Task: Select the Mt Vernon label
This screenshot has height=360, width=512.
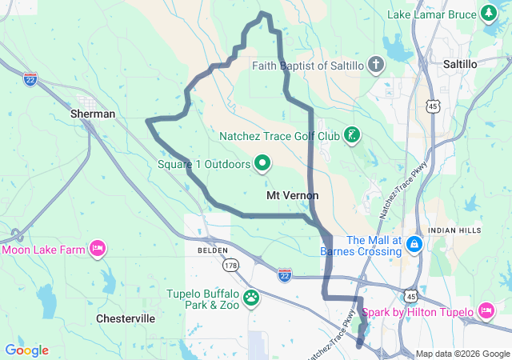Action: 292,195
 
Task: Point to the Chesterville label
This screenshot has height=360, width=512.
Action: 125,318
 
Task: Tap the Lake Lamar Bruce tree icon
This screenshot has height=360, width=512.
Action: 488,14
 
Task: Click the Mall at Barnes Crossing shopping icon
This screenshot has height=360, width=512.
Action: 414,242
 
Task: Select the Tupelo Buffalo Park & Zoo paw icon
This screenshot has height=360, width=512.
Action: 251,298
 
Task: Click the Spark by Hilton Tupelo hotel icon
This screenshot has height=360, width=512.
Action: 486,310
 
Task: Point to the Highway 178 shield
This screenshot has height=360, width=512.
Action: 231,265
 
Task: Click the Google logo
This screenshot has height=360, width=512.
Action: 27,350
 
